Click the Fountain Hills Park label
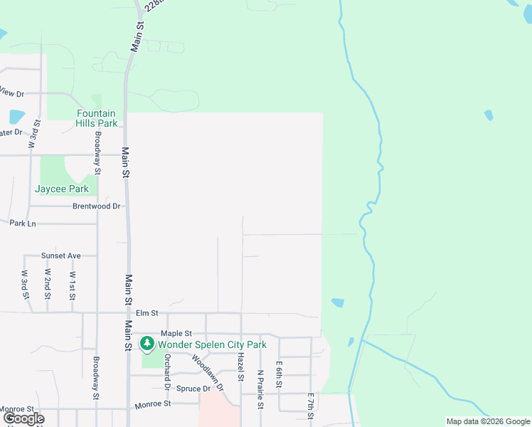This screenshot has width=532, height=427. pos(97,118)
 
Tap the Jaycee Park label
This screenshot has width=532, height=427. pos(62,189)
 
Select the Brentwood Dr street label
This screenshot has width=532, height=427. pos(97,206)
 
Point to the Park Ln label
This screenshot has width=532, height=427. pos(23,223)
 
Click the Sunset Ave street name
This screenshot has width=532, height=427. pos(60,255)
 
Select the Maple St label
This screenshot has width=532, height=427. pos(176,333)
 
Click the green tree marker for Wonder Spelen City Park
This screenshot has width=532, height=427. pos(147,344)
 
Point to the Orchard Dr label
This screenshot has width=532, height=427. pos(168,371)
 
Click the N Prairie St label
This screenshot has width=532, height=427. pos(260,388)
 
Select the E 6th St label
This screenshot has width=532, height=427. pos(280,374)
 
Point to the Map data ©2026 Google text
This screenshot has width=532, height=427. pos(487,421)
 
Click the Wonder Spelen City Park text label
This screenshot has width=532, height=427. pos(212,344)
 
